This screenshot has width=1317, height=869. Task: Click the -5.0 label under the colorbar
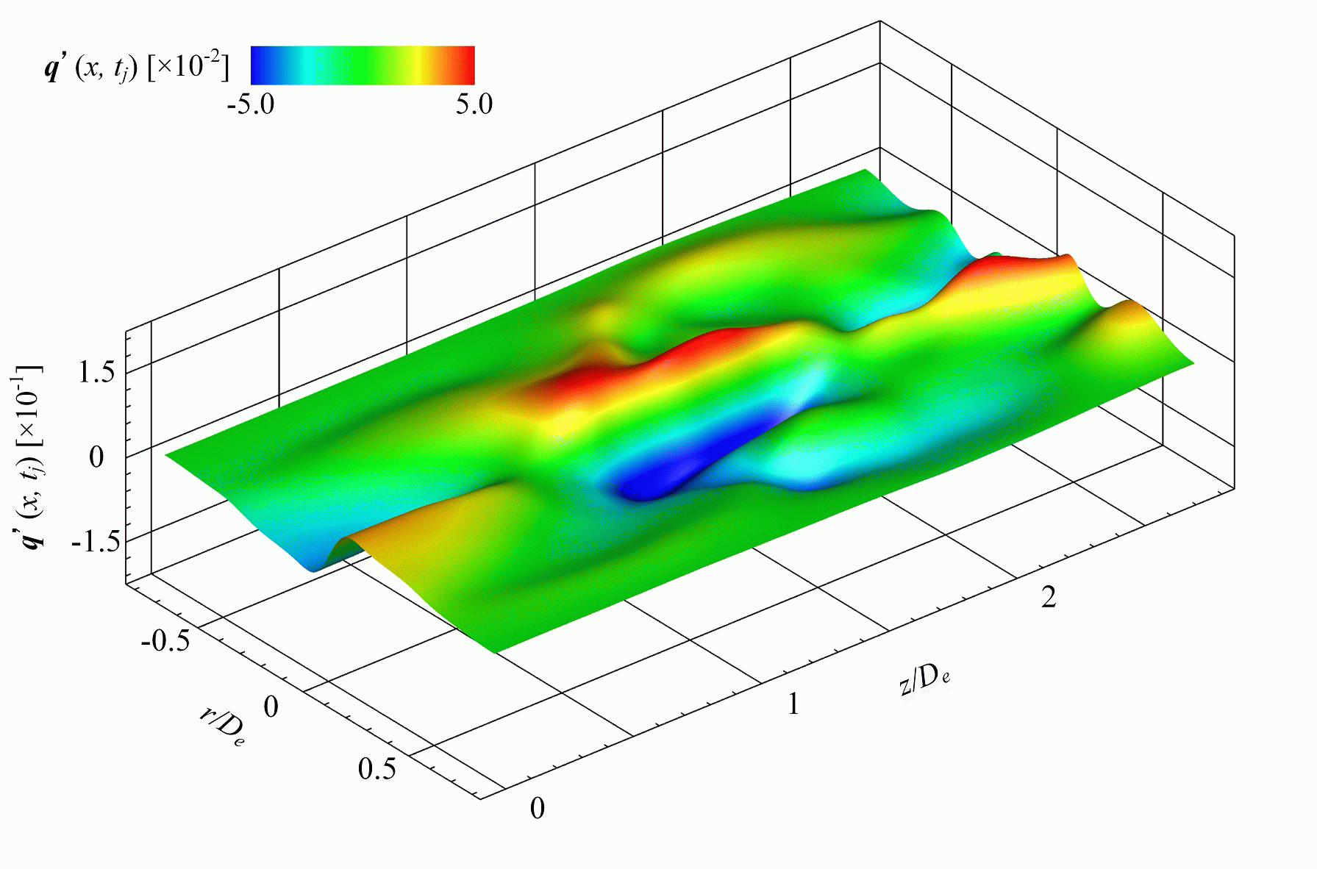coord(251,104)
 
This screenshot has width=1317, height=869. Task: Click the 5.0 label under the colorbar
coord(474,104)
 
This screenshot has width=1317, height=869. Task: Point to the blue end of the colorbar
coord(261,65)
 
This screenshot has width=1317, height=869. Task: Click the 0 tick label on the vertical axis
coord(96,457)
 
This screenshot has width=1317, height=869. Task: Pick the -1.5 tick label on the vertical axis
coord(94,543)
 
